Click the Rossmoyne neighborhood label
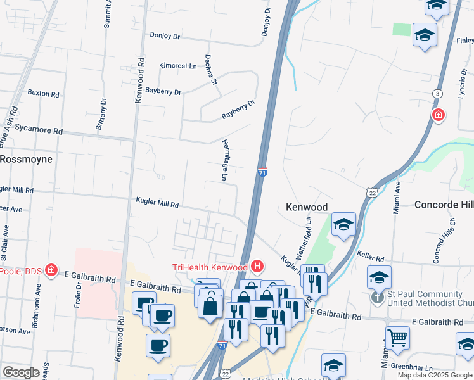[26, 159]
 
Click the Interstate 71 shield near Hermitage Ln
[262, 172]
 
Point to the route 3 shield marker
[437, 94]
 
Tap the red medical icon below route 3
[437, 115]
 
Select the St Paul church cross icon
[377, 296]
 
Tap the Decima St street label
[211, 70]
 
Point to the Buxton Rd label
[43, 93]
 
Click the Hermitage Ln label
[224, 160]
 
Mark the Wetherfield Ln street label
[309, 231]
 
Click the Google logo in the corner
[21, 372]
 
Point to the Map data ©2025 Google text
[434, 375]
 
